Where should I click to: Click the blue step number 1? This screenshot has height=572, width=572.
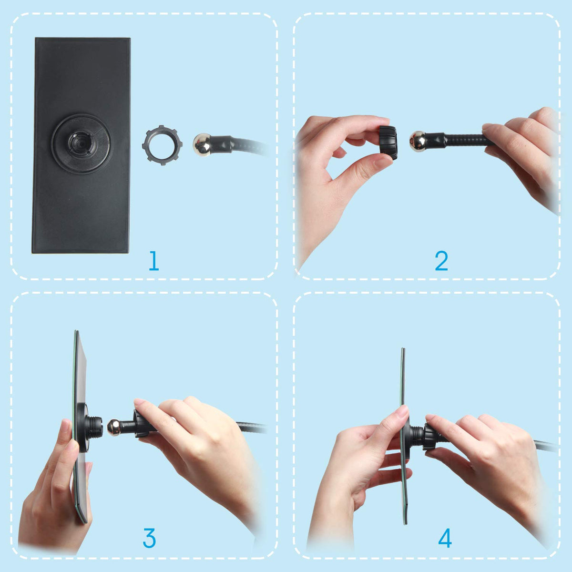154,260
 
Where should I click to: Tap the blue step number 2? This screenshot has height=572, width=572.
441,260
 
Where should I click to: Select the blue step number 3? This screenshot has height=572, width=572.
149,538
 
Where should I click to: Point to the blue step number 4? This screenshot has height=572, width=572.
445,538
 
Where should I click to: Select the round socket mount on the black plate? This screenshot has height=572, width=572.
81,143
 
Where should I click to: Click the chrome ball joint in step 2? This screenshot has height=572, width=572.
418,141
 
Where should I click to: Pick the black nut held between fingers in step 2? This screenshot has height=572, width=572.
388,143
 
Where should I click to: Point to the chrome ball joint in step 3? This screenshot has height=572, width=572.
114,428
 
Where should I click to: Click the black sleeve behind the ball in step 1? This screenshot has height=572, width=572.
222,144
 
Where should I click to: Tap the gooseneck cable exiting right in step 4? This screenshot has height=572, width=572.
540,445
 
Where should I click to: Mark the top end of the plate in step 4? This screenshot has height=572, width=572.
403,349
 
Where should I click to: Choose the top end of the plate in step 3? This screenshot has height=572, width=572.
77,331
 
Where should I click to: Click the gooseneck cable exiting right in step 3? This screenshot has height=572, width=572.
249,428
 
